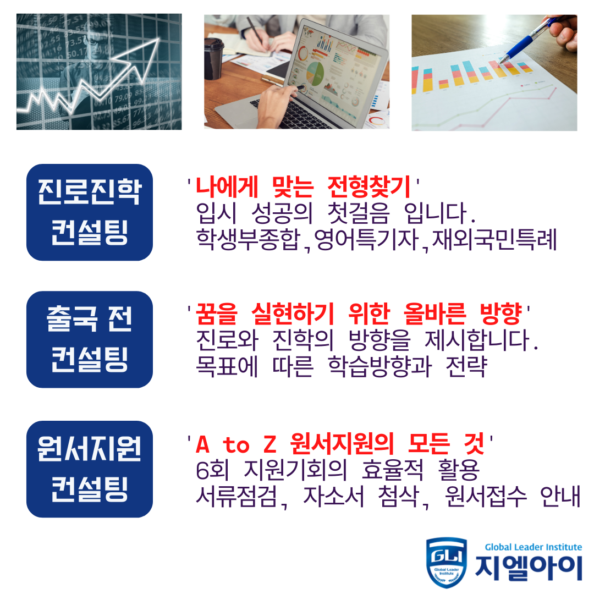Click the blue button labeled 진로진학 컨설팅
pos(90,212)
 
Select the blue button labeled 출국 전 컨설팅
pos(90,339)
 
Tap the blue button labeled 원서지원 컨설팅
pos(90,469)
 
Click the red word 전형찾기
pos(369,187)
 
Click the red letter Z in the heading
pos(269,444)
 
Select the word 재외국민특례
pos(494,239)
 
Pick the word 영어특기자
pos(366,239)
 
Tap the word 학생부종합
pos(248,239)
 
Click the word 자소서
pos(333,496)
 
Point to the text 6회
pos(212,470)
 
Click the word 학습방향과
pos(380,366)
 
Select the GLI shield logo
pos(446,562)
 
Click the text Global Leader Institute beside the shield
pos(533,547)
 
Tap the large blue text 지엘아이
pos(529,568)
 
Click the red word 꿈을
pos(217,314)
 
